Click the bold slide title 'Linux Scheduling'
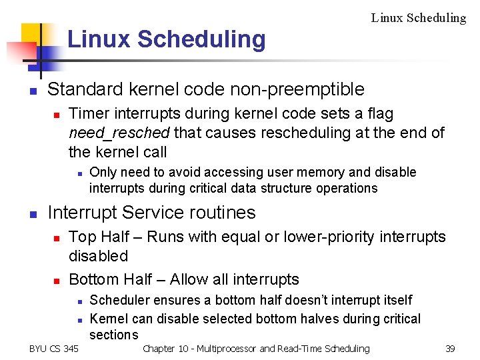(x=166, y=39)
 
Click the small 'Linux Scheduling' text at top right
(x=418, y=18)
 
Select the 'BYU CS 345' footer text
(x=53, y=349)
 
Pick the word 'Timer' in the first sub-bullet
(x=87, y=114)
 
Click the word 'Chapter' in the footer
(x=159, y=349)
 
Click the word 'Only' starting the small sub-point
(x=102, y=172)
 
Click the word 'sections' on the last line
(x=113, y=335)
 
